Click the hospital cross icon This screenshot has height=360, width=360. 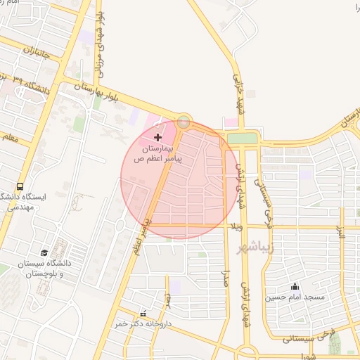click(157, 136)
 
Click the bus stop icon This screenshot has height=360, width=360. click(20, 187)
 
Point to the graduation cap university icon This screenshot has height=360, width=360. click(44, 252)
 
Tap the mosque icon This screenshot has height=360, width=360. click(295, 286)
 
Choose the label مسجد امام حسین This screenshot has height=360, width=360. click(295, 297)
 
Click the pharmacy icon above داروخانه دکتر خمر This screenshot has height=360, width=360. click(143, 314)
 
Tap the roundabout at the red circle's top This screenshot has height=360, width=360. click(184, 122)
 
